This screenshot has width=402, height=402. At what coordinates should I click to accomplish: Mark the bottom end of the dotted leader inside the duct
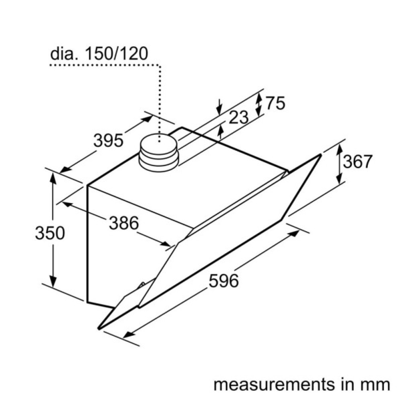[x=160, y=141]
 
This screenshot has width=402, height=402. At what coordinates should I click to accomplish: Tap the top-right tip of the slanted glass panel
[x=321, y=155]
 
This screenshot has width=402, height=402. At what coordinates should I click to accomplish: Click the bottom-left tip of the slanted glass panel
[x=99, y=328]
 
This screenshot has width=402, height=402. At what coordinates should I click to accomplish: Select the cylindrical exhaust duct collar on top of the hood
[x=158, y=152]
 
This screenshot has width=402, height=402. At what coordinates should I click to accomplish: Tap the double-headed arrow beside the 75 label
[x=259, y=105]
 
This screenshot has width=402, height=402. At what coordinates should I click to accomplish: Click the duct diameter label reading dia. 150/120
[x=99, y=53]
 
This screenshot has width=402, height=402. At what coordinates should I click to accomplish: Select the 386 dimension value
[x=124, y=223]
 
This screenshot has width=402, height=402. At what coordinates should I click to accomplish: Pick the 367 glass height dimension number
[x=358, y=162]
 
